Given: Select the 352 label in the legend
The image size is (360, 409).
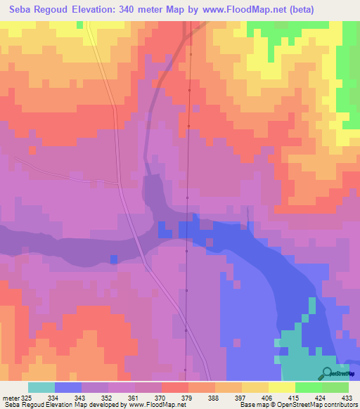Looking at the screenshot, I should [104, 396].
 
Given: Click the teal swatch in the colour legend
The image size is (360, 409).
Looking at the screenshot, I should [41, 387].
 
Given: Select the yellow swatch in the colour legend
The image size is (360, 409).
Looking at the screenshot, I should [282, 387].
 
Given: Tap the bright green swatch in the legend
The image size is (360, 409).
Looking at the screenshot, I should [309, 387].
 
